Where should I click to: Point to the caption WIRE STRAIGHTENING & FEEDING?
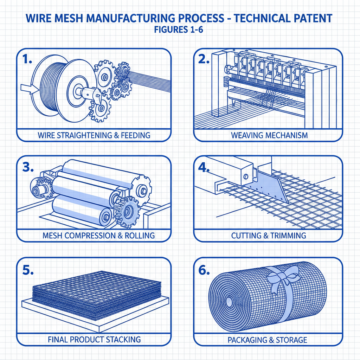(x=94, y=135)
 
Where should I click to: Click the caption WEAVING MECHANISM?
(x=269, y=135)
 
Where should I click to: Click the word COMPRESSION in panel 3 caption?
(x=91, y=235)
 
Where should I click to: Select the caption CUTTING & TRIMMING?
(x=269, y=235)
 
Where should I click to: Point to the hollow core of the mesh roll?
(x=226, y=301)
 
